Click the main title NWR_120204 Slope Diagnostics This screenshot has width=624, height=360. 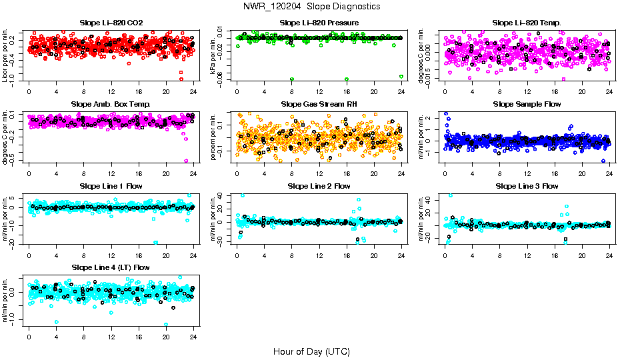[312, 6]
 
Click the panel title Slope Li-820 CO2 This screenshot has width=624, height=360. [111, 23]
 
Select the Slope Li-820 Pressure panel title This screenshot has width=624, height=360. [319, 23]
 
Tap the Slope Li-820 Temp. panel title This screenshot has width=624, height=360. [527, 23]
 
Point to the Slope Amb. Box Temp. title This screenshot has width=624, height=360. [111, 105]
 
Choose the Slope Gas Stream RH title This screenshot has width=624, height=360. [319, 105]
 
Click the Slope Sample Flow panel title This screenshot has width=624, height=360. [527, 105]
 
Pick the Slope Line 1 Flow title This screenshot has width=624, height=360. [111, 186]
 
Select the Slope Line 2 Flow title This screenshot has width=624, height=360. [319, 186]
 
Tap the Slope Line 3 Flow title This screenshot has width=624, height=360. [527, 186]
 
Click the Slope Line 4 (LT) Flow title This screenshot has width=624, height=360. [111, 267]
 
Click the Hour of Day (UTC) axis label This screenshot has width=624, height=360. [311, 351]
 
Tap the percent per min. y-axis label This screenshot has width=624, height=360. [213, 136]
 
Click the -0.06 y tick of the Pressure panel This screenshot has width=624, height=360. [227, 79]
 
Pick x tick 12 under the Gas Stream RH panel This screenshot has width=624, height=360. [319, 173]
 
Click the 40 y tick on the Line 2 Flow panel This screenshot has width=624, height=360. [228, 195]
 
